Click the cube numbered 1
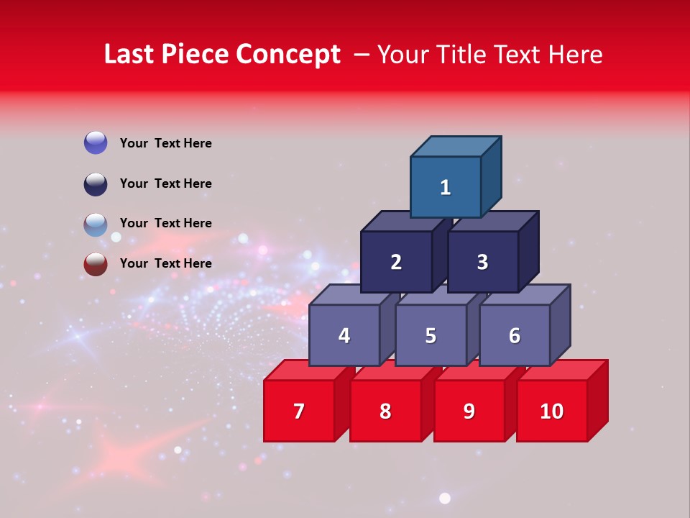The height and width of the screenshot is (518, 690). pyautogui.click(x=446, y=187)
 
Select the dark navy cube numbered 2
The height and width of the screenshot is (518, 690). pyautogui.click(x=396, y=262)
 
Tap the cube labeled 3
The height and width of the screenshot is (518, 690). pyautogui.click(x=482, y=262)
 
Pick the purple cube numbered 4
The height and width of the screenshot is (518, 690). pyautogui.click(x=344, y=335)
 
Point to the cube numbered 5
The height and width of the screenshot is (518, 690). pyautogui.click(x=431, y=335)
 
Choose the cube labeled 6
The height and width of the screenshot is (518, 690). pyautogui.click(x=515, y=335)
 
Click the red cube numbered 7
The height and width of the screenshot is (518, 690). pyautogui.click(x=299, y=411)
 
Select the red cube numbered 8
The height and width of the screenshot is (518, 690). pyautogui.click(x=385, y=411)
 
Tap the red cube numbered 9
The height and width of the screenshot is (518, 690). pyautogui.click(x=469, y=411)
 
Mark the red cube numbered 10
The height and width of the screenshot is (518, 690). pyautogui.click(x=552, y=411)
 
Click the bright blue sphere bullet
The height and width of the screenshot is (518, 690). pyautogui.click(x=96, y=142)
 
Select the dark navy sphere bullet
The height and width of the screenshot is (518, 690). pyautogui.click(x=96, y=183)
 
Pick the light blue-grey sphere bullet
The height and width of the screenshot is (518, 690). pyautogui.click(x=96, y=224)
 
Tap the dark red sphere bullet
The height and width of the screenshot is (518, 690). pyautogui.click(x=96, y=264)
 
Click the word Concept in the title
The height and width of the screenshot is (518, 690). pyautogui.click(x=288, y=55)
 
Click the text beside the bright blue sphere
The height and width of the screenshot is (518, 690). pyautogui.click(x=165, y=143)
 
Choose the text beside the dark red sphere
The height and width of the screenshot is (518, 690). pyautogui.click(x=165, y=263)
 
